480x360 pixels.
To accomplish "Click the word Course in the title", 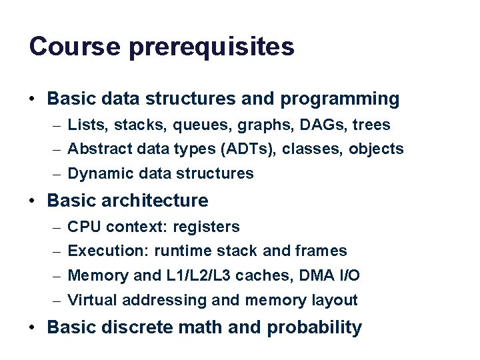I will click(x=74, y=47).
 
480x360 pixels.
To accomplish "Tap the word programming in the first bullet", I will click(x=340, y=100).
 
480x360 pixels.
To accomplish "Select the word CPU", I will click(x=85, y=227).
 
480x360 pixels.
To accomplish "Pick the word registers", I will click(x=206, y=227).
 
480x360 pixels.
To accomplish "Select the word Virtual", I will click(x=90, y=300).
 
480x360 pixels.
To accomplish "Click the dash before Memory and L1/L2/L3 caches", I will click(x=58, y=276).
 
